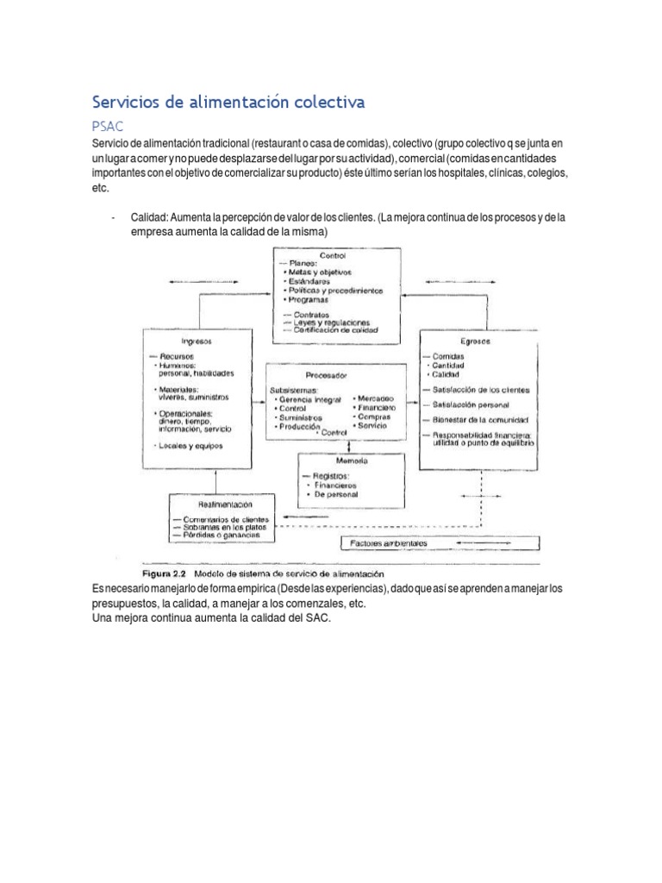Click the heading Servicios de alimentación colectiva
click(x=228, y=102)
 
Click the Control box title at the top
click(x=332, y=255)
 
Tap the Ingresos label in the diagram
click(x=197, y=341)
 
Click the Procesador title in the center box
click(x=326, y=376)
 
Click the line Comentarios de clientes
click(x=227, y=520)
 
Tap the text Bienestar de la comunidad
click(x=476, y=420)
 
